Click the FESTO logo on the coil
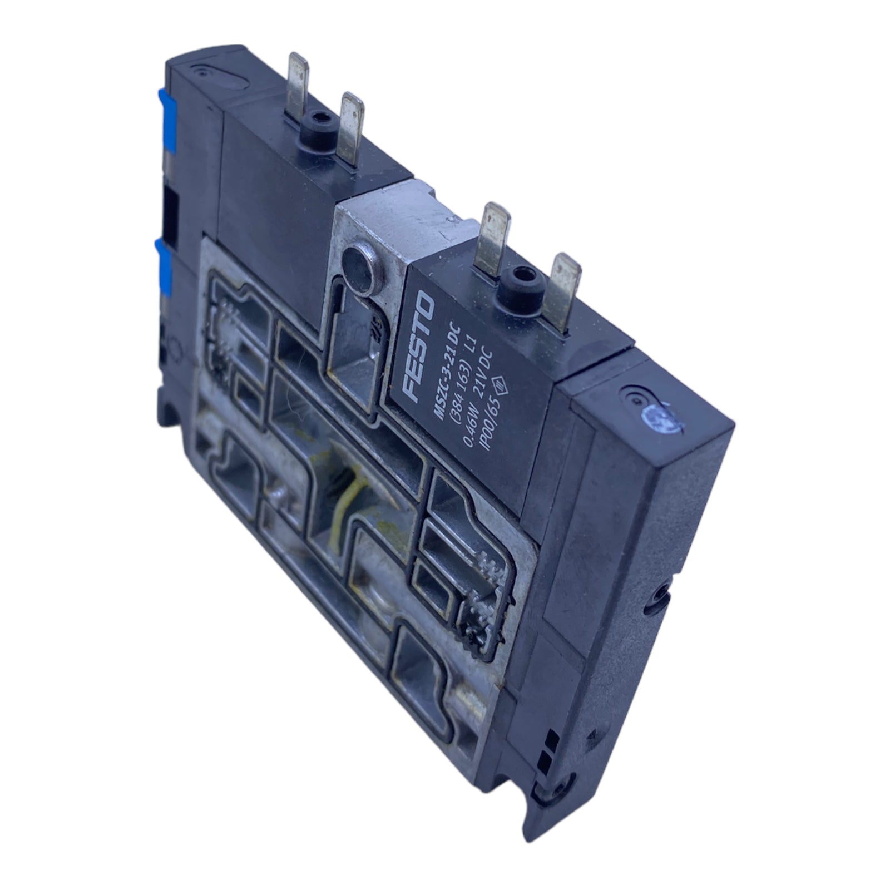[419, 347]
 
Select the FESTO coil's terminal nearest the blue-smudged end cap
[562, 290]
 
